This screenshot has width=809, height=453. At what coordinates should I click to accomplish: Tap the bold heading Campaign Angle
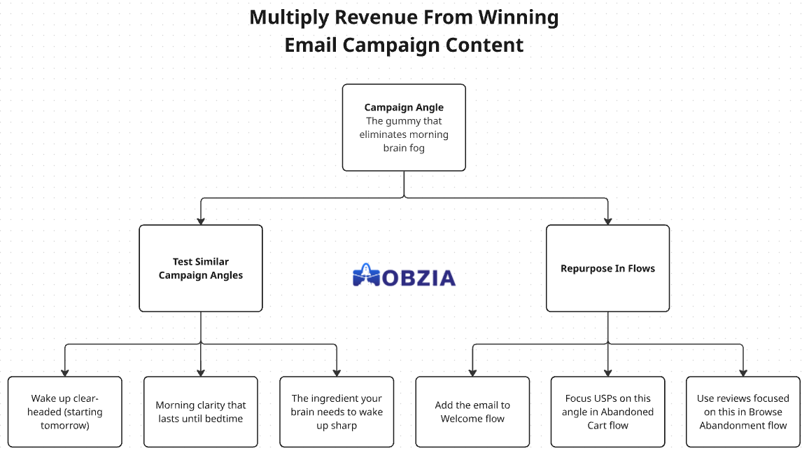(x=404, y=107)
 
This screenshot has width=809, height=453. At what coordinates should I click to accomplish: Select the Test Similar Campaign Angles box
(x=201, y=268)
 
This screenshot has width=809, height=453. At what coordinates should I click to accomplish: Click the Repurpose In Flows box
(x=607, y=268)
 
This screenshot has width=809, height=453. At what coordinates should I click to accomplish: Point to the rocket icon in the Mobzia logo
(x=366, y=274)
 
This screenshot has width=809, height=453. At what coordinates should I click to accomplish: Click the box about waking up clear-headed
(x=65, y=412)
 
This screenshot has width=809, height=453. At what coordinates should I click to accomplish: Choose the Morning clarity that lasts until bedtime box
(x=201, y=412)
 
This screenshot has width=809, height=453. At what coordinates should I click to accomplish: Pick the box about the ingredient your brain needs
(x=337, y=412)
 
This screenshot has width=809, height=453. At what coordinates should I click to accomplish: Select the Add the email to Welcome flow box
(x=472, y=412)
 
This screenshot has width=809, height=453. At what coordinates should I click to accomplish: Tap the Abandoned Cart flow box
(x=607, y=412)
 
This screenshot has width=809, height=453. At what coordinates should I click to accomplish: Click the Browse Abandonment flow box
(x=743, y=412)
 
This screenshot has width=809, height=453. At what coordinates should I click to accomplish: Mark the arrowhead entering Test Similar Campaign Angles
(x=201, y=221)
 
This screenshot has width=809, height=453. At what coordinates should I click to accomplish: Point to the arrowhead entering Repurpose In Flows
(x=607, y=221)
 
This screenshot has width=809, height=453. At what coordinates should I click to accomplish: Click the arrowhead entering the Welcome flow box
(x=472, y=373)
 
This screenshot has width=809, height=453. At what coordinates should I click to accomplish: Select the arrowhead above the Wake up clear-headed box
(x=65, y=373)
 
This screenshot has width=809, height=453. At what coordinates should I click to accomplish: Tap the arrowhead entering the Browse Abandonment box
(x=743, y=373)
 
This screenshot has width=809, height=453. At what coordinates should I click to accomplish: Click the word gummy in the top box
(x=404, y=121)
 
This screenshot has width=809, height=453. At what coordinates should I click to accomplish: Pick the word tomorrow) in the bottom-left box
(x=65, y=426)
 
